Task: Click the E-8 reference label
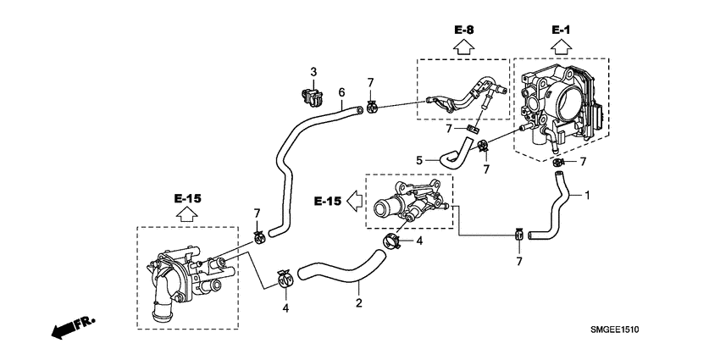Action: [x=463, y=30]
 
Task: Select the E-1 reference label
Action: [x=562, y=30]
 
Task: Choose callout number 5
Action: [x=418, y=159]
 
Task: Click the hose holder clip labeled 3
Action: [x=312, y=97]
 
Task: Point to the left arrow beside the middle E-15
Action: [x=355, y=202]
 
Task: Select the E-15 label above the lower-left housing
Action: [x=187, y=198]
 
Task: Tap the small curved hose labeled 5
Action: [x=457, y=155]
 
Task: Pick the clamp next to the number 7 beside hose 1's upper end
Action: [x=558, y=161]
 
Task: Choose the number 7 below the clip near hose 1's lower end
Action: [x=519, y=262]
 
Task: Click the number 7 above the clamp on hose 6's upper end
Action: [x=370, y=81]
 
